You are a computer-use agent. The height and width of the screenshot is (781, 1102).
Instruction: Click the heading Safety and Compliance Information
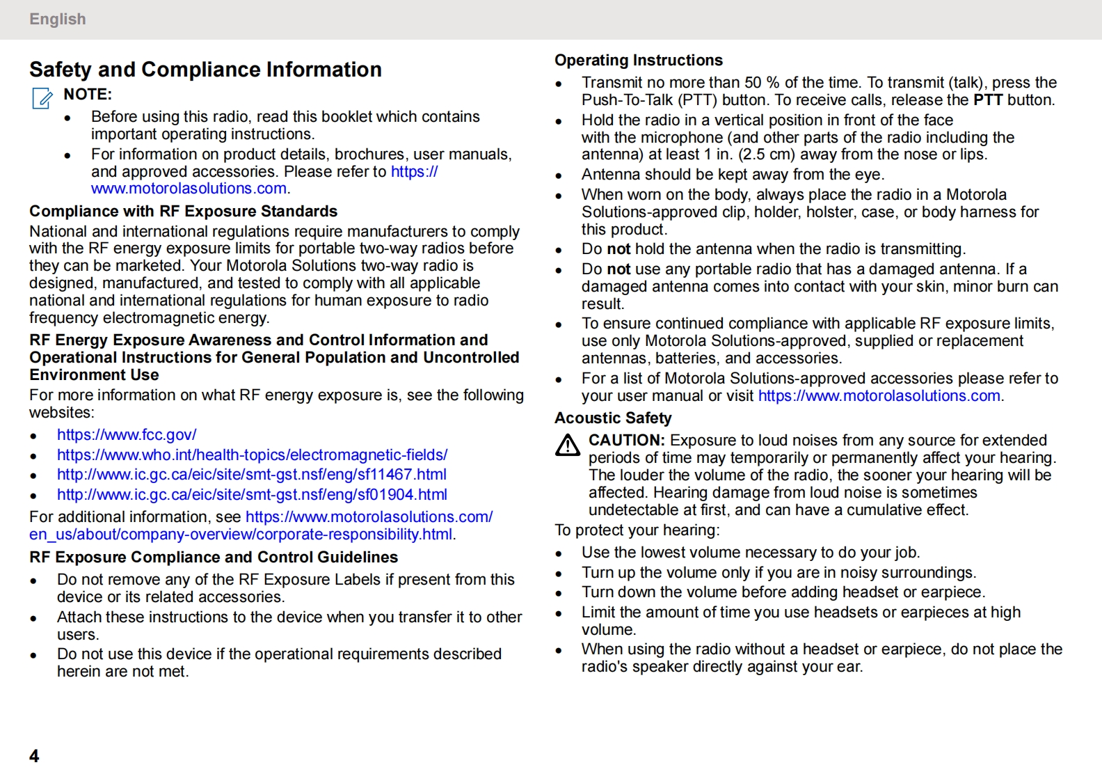click(205, 70)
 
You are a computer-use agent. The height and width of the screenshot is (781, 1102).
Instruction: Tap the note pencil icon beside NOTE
click(42, 98)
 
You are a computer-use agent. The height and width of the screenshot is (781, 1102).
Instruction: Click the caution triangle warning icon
click(568, 445)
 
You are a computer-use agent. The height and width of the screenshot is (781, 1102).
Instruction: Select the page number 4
click(34, 756)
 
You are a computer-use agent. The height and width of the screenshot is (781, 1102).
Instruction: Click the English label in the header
click(58, 19)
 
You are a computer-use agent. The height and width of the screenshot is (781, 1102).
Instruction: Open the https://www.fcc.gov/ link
click(127, 435)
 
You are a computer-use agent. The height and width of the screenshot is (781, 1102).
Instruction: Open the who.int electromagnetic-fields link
click(252, 455)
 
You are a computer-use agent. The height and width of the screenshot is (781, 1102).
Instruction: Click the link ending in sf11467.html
click(252, 475)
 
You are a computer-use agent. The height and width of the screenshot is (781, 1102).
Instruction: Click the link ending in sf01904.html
click(252, 495)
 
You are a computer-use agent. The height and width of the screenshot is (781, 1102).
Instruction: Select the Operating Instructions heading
click(639, 61)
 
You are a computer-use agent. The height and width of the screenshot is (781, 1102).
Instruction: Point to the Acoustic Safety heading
click(613, 418)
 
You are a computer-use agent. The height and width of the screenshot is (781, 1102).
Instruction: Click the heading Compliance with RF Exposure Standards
click(183, 212)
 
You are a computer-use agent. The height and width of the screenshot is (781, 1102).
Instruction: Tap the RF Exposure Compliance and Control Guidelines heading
click(214, 558)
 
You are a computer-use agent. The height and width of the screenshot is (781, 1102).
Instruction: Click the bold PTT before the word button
click(987, 100)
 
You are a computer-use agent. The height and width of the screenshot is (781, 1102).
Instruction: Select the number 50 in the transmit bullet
click(753, 83)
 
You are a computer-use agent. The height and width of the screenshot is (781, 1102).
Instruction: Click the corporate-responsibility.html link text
click(241, 535)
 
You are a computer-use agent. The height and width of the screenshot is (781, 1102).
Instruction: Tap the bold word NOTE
click(88, 95)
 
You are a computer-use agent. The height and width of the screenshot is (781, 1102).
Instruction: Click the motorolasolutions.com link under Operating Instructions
click(879, 396)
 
